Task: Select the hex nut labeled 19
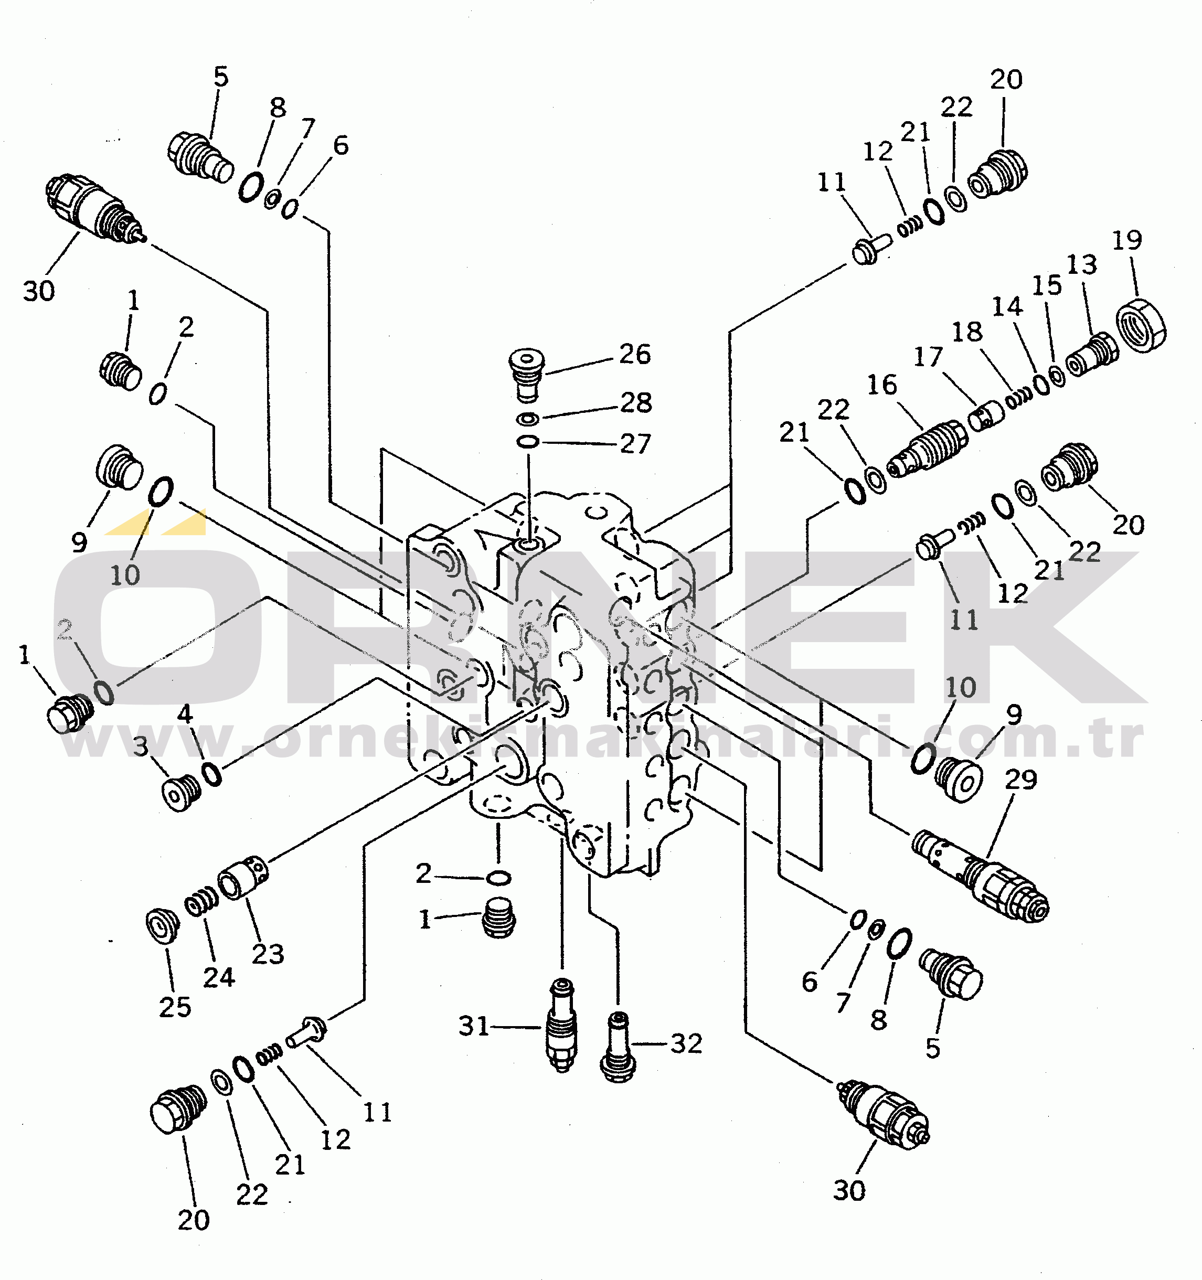click(x=1141, y=325)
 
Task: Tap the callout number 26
click(x=635, y=354)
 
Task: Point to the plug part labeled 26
click(x=527, y=373)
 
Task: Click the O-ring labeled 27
click(x=528, y=442)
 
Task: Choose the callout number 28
click(x=636, y=403)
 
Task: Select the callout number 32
click(x=686, y=1044)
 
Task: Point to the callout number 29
click(x=1021, y=780)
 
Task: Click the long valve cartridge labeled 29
click(x=980, y=876)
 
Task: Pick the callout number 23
click(x=268, y=954)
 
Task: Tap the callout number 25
click(x=175, y=1007)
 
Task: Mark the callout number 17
click(x=928, y=357)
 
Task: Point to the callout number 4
click(x=185, y=714)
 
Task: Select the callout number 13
click(x=1082, y=264)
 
